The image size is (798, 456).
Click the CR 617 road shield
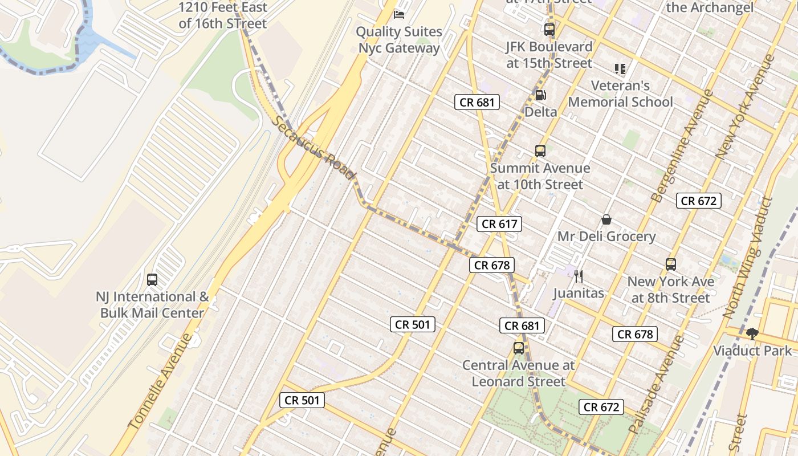[x=499, y=224]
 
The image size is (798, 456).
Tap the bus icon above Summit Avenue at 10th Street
[x=540, y=151]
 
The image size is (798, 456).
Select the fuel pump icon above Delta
[x=540, y=95]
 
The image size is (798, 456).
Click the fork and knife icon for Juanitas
[x=579, y=276]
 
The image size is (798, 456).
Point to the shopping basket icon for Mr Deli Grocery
[x=606, y=219]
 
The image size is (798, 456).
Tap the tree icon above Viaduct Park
[x=752, y=333]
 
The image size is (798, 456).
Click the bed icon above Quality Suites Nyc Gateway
[x=399, y=14]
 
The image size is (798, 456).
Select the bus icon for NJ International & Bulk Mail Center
[x=152, y=280]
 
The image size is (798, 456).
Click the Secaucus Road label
[x=313, y=148]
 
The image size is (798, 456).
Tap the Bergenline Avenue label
[x=682, y=146]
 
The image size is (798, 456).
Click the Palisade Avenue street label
[x=655, y=384]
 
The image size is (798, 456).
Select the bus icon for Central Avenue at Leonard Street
[x=519, y=348]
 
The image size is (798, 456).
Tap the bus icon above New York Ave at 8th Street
[x=671, y=264]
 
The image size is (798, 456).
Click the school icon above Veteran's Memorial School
[x=620, y=69]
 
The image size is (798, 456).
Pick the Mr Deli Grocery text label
[x=606, y=237]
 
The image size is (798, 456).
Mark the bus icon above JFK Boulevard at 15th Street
[x=549, y=29]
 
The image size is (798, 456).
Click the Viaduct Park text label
[x=752, y=351]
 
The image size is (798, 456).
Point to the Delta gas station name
[x=540, y=112]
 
